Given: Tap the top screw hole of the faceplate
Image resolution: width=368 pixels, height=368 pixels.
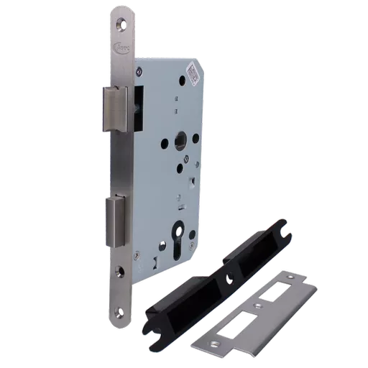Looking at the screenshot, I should tap(119, 22).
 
